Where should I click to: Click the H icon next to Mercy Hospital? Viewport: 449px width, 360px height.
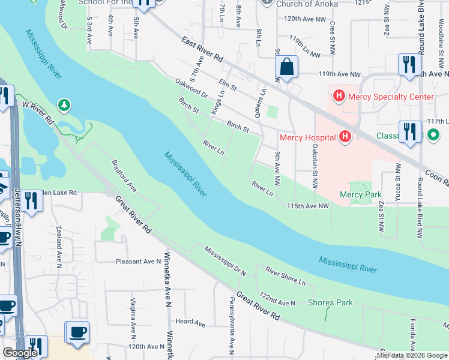pos(345,137)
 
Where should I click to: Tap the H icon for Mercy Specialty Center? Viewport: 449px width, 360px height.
pos(339,96)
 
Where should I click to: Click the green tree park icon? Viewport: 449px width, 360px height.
pos(64,106)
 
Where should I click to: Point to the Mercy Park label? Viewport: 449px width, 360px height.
pos(360,194)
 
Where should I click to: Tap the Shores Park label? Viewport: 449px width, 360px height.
pos(330,302)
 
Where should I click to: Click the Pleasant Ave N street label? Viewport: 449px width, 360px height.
pos(137,262)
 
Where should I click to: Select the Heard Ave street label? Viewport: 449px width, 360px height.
pos(190,322)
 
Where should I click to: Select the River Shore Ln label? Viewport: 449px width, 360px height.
pos(286,277)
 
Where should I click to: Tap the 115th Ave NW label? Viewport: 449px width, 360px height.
pos(309,206)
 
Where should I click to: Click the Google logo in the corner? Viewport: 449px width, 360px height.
pos(20,353)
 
